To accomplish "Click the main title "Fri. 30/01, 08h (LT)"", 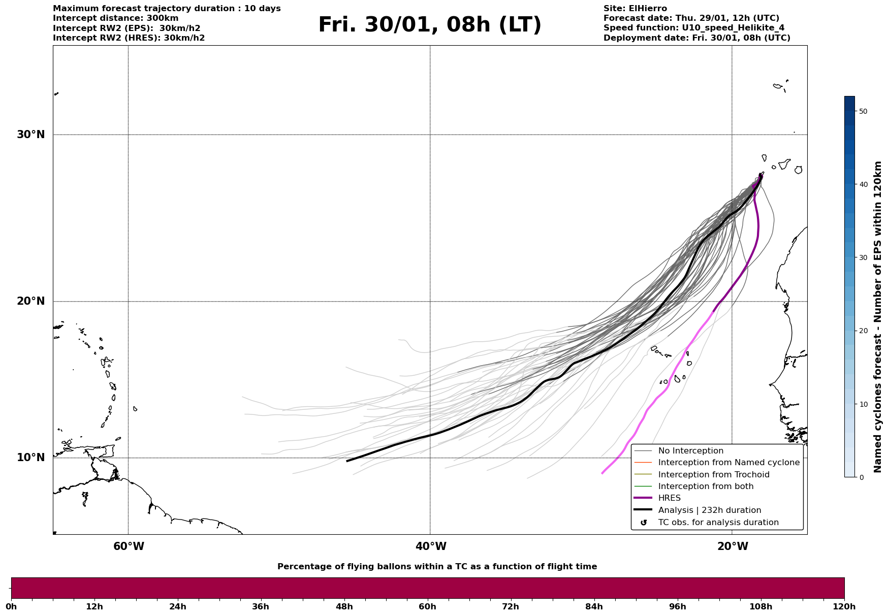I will point(430,25).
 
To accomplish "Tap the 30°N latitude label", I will point(31,135).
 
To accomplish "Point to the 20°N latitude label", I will point(31,301).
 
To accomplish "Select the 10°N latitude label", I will point(31,458).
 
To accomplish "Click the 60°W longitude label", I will point(129,546).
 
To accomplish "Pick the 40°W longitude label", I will point(431,546).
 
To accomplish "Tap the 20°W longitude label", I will point(733,546).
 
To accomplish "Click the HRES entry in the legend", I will point(669,498).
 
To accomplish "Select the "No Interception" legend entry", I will point(690,451).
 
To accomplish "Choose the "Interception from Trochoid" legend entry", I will point(713,475).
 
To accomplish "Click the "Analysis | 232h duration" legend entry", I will point(709,510).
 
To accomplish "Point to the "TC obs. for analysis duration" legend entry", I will point(718,523).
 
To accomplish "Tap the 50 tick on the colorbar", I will point(863,111).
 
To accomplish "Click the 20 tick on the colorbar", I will point(863,331).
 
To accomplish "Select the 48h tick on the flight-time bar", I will point(344,606).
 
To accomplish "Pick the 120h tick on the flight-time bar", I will point(844,606).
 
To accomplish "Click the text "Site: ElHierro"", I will point(635,9).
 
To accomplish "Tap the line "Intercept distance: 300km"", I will point(116,18).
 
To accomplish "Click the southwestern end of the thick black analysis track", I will point(347,461).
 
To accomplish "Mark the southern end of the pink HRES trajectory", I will point(602,473).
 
